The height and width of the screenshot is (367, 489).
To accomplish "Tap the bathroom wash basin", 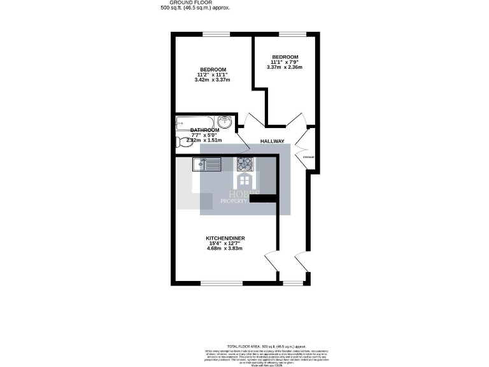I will point(226,122).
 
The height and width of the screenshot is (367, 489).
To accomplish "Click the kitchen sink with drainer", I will point(206,164).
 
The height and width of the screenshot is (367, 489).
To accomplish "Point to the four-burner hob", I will point(244,164).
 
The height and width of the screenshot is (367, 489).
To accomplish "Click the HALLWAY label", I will point(272,141).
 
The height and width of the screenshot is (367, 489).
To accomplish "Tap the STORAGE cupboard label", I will point(308,157).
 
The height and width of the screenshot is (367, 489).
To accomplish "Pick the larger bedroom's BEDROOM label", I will point(213,69).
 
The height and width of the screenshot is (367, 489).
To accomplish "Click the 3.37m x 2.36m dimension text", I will point(284,67).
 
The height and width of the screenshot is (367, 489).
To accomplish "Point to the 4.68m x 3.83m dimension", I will point(221,248).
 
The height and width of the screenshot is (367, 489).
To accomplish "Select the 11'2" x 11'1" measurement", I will point(213,75).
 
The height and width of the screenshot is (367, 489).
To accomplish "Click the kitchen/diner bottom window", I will point(221,282).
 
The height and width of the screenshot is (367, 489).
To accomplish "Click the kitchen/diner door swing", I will point(270,262).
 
